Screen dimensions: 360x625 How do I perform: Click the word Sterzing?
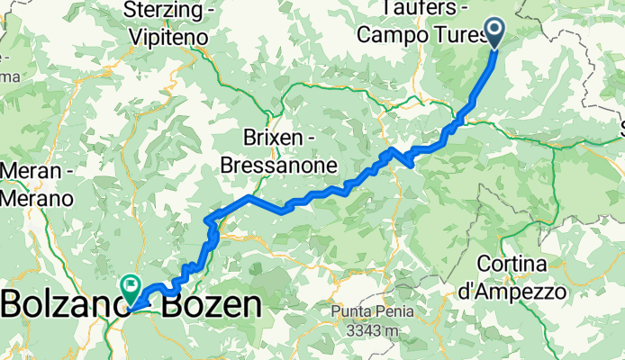(167, 13)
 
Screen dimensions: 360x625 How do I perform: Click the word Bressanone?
(278, 165)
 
